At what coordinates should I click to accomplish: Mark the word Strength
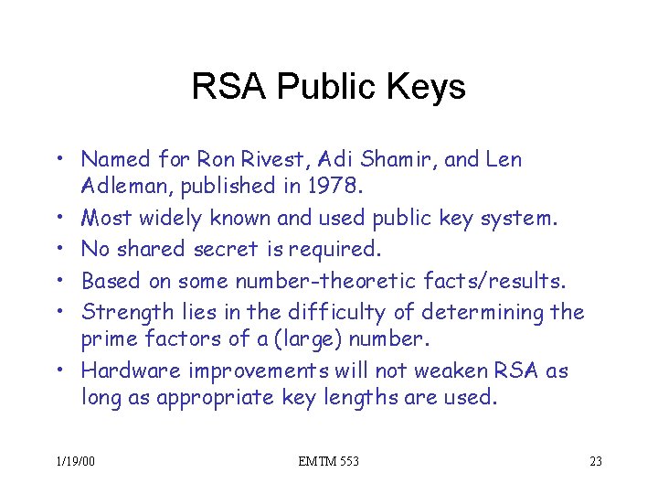pyautogui.click(x=120, y=313)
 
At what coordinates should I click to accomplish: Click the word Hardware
pyautogui.click(x=131, y=370)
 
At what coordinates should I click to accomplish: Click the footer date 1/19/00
pyautogui.click(x=74, y=461)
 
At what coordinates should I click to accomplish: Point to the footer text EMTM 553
pyautogui.click(x=328, y=461)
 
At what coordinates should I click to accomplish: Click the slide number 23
pyautogui.click(x=596, y=461)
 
